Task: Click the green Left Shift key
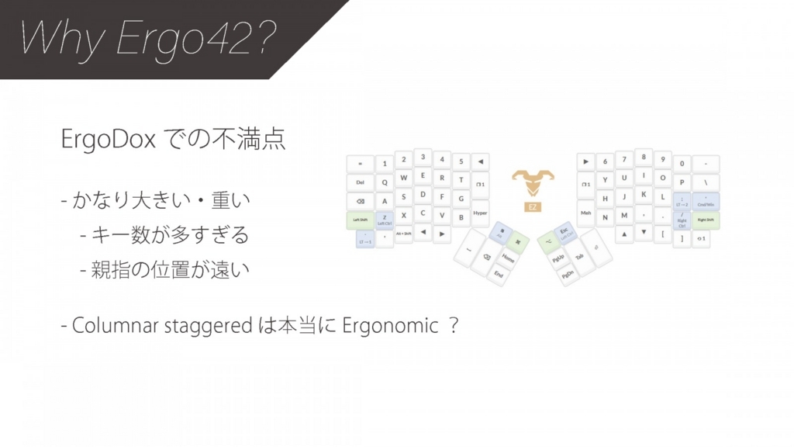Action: [361, 220]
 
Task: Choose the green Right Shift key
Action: [705, 220]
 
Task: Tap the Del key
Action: [361, 183]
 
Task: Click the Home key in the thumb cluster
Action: [508, 258]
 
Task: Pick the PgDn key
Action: [568, 275]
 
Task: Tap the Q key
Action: [385, 183]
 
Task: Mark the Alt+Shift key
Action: [403, 233]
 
